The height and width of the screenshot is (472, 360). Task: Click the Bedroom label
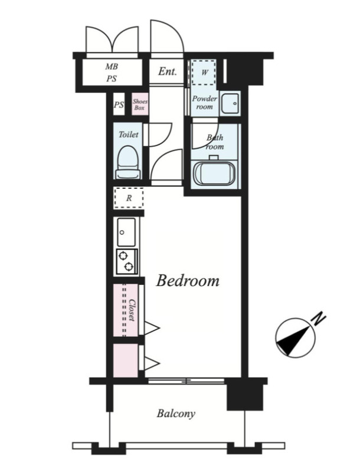pos(188,281)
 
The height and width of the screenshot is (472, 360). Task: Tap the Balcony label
pos(176,414)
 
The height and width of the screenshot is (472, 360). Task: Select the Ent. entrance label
pos(168,71)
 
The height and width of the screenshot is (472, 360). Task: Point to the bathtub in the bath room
pos(215,174)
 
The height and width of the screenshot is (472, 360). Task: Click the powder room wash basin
pos(230,103)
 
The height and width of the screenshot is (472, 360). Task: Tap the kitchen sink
pos(126,232)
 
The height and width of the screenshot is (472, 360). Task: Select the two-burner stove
pos(127,261)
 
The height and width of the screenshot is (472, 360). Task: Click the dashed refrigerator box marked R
pos(129,198)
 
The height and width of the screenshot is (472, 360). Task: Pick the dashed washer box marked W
pos(204,73)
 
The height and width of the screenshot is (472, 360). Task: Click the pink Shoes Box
pos(140,104)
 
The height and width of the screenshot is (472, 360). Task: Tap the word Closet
pos(132,310)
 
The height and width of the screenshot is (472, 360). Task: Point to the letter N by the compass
pos(319,319)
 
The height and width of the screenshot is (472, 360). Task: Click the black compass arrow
pos(293,339)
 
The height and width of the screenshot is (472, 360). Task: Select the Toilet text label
pos(129,135)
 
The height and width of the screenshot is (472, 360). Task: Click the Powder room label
pos(205,103)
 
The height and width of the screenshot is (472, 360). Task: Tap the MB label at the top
pos(112,67)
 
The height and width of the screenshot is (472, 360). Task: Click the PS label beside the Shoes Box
pos(119,105)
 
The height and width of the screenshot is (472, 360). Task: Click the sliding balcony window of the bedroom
pos(186,381)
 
